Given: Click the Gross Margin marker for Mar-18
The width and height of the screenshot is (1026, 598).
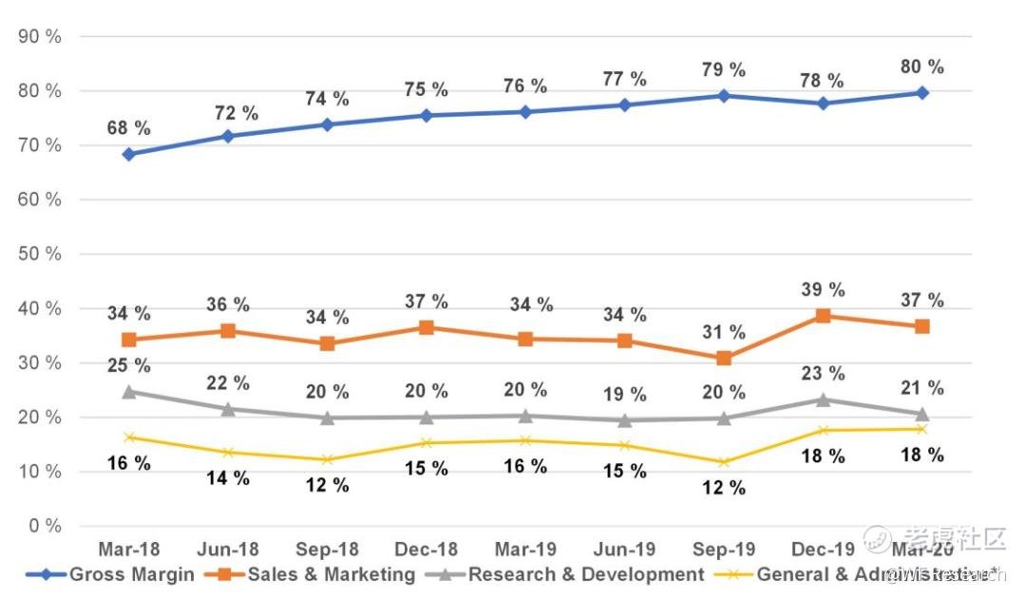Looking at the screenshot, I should [128, 154].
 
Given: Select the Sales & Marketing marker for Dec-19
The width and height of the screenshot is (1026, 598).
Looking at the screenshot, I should [823, 315].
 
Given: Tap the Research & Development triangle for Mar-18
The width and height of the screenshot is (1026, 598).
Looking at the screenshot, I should [128, 390].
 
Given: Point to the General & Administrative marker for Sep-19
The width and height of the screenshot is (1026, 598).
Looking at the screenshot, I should [724, 462].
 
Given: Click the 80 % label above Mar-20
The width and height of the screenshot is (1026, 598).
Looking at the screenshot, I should [922, 67].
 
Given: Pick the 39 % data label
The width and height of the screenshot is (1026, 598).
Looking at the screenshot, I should [823, 290].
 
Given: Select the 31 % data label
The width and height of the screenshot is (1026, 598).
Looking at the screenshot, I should [724, 332].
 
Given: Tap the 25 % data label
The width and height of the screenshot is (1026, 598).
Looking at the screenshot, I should [128, 364].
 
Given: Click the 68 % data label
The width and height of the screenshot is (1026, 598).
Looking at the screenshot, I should [128, 128].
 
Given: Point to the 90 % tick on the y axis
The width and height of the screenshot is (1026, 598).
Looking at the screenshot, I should [40, 37].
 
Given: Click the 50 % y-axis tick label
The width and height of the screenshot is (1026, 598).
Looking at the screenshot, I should [40, 254].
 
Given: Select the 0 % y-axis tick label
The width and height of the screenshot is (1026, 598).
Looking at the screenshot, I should [44, 526].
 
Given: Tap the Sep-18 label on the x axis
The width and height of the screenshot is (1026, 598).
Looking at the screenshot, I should [327, 551].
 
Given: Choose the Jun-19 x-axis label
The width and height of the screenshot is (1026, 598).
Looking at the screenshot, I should [624, 551].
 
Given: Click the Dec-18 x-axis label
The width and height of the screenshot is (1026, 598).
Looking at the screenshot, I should [426, 551].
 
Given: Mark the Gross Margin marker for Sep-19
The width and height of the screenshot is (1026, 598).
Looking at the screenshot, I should [724, 96].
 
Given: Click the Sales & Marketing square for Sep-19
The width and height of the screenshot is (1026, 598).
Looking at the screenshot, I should [724, 358].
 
